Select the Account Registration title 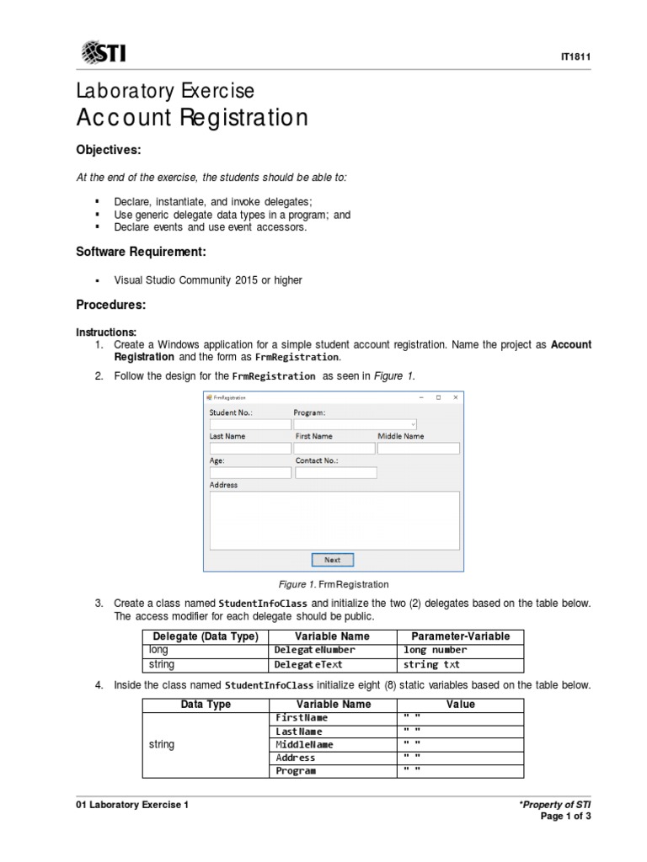pos(192,117)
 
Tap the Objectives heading pos(109,150)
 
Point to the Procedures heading pos(111,304)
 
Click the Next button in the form pos(333,560)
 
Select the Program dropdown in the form pos(355,424)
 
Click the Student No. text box pos(249,424)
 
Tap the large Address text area pos(334,519)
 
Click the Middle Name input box pos(418,449)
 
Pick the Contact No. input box pos(334,473)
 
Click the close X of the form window pos(455,397)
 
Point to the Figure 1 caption pos(334,584)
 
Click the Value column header pos(460,705)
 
